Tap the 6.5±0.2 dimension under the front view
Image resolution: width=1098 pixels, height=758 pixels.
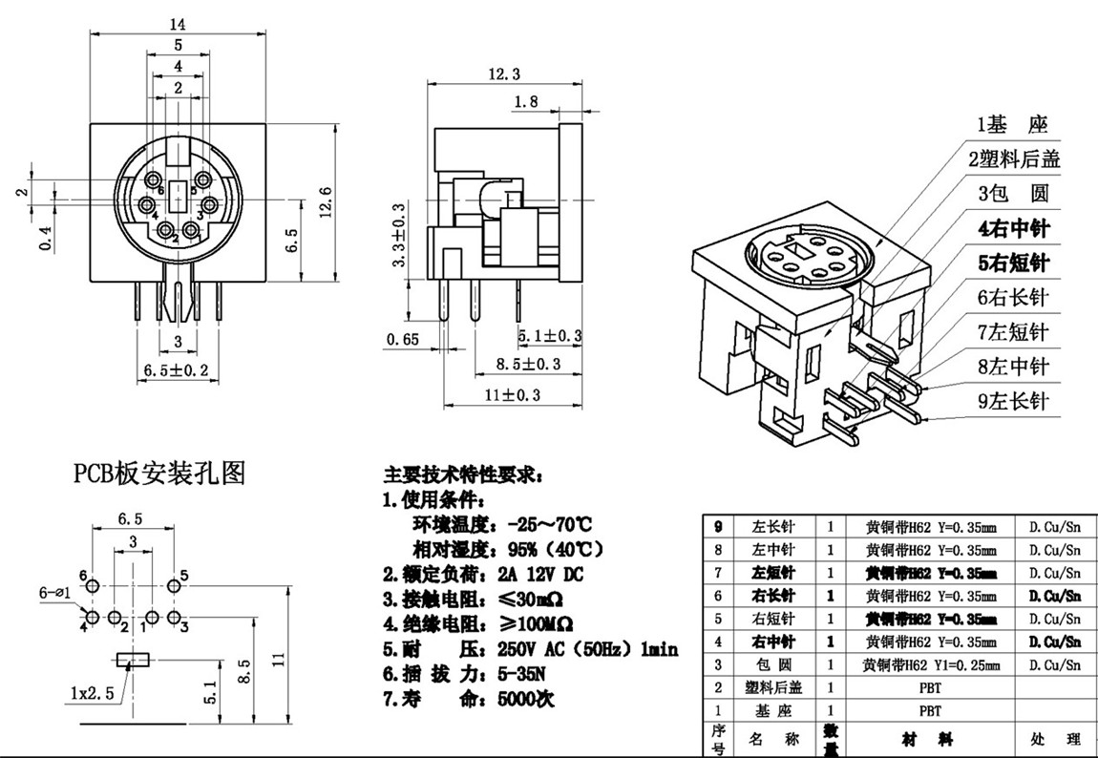coord(176,369)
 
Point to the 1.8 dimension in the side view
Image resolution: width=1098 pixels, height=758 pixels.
coord(526,101)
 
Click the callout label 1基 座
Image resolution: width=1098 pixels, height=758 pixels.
coord(1011,125)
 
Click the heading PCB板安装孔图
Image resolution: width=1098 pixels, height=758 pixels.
coord(159,472)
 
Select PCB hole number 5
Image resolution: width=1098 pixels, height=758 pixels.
coord(184,574)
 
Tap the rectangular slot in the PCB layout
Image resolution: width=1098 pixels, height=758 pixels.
coord(133,659)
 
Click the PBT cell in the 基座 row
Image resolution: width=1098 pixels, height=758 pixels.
coord(929,711)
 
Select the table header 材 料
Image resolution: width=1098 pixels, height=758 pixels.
coord(929,740)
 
